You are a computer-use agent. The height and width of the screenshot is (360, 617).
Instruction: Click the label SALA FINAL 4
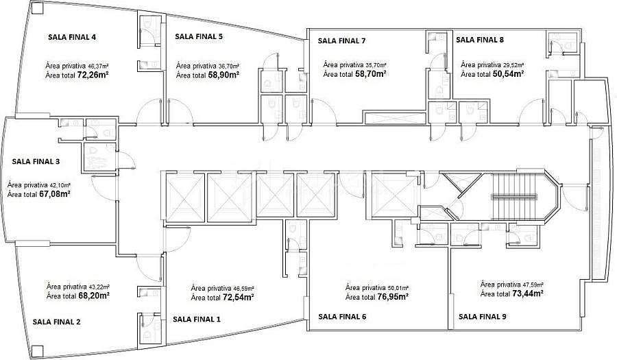pos(72,38)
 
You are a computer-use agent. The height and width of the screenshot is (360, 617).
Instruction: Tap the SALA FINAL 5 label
pos(199,36)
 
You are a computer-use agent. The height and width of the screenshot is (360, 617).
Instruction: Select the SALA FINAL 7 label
pos(342,40)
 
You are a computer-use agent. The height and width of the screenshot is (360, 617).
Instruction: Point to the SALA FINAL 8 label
pos(480,40)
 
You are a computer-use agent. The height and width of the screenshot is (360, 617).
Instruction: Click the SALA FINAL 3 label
pos(36,161)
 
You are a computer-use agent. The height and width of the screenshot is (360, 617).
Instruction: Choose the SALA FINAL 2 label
pos(57,322)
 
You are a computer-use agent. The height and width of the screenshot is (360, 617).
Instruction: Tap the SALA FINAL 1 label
pos(197,319)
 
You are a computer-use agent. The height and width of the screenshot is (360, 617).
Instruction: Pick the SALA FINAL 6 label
pos(342,316)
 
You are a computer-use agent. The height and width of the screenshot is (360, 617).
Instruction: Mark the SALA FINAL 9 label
pos(483,316)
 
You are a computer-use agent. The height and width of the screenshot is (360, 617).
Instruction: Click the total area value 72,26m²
pos(93,74)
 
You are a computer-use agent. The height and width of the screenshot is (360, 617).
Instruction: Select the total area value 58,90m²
pos(224,74)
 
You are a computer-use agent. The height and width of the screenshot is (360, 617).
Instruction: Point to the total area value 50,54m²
pos(508,73)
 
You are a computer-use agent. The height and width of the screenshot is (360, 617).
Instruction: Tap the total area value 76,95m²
pos(392,296)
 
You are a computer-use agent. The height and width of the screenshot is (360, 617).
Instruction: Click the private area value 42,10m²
pos(60,185)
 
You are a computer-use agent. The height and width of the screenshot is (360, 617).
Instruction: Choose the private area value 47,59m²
pos(533,285)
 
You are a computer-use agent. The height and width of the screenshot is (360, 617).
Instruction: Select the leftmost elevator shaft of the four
pos(185,196)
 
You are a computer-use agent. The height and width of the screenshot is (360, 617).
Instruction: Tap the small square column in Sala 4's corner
pos(38,9)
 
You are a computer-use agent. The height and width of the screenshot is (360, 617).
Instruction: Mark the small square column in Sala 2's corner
pos(38,350)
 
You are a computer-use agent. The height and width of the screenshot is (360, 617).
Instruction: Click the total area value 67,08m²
pos(54,194)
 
